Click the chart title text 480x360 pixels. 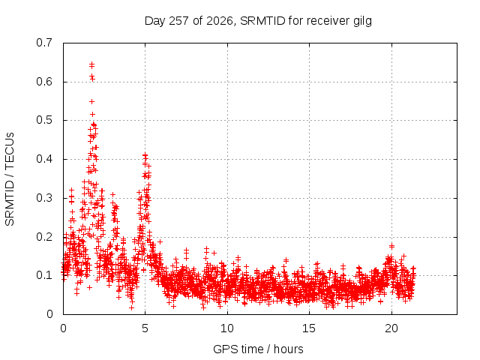tap(258, 21)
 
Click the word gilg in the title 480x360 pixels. tap(361, 22)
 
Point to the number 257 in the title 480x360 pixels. tap(178, 21)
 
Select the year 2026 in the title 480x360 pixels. tap(220, 21)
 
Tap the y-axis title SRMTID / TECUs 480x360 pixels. tap(10, 179)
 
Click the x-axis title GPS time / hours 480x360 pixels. tap(258, 349)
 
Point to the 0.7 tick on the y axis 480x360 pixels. tap(44, 43)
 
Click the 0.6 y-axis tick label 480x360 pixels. tap(44, 82)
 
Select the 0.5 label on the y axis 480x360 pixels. tap(44, 120)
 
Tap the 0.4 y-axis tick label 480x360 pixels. tap(44, 159)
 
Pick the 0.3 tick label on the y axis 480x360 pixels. tap(44, 198)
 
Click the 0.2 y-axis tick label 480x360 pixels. tap(44, 237)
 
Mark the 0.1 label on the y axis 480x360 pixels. tap(44, 275)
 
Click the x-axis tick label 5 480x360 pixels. tap(145, 328)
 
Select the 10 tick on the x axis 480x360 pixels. tap(227, 328)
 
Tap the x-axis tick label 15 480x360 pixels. tap(309, 328)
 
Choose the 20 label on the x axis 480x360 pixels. tap(391, 328)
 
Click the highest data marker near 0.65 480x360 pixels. tap(91, 65)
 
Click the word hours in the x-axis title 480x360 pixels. tap(288, 349)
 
